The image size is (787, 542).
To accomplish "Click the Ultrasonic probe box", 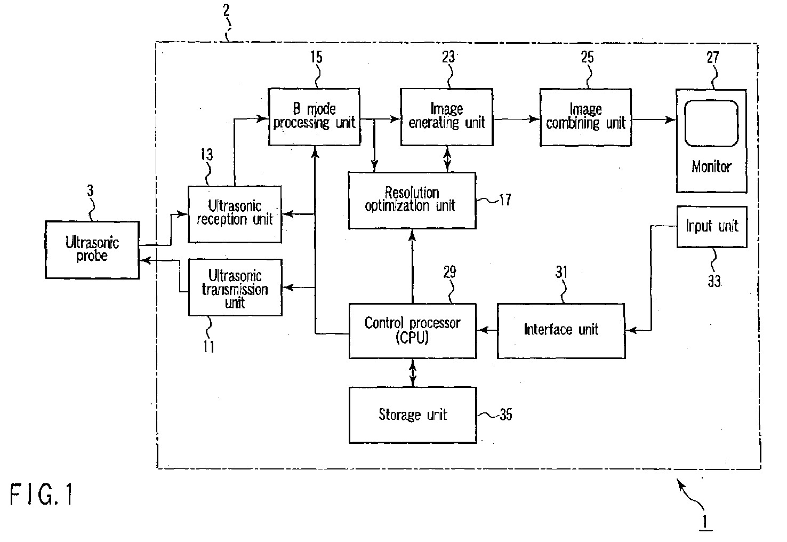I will (x=92, y=250).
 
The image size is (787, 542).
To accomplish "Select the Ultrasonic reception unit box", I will (x=235, y=213).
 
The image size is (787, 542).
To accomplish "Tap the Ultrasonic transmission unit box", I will (x=235, y=288).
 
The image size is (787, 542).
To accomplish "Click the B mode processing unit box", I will (x=314, y=117).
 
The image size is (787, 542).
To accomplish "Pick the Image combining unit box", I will (x=585, y=117).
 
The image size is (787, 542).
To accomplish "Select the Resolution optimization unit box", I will (x=412, y=200).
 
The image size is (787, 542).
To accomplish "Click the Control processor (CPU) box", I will (x=412, y=330).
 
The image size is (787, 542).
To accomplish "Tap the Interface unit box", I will (x=561, y=330).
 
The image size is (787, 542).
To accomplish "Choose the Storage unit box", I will (x=412, y=415).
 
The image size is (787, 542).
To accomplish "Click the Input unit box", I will (x=711, y=227).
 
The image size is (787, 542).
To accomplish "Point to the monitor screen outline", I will (x=711, y=123).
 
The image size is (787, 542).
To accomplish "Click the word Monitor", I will (x=711, y=167).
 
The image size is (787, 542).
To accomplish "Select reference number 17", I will (x=504, y=200).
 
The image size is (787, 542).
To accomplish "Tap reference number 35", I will (x=505, y=415).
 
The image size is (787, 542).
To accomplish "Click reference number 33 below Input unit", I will (x=714, y=281).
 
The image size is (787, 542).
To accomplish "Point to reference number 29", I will (x=450, y=272).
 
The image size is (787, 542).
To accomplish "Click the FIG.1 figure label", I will (x=42, y=495).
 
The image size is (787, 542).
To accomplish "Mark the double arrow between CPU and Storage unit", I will (x=412, y=372).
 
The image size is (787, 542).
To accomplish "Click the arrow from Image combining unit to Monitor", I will (x=654, y=119).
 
